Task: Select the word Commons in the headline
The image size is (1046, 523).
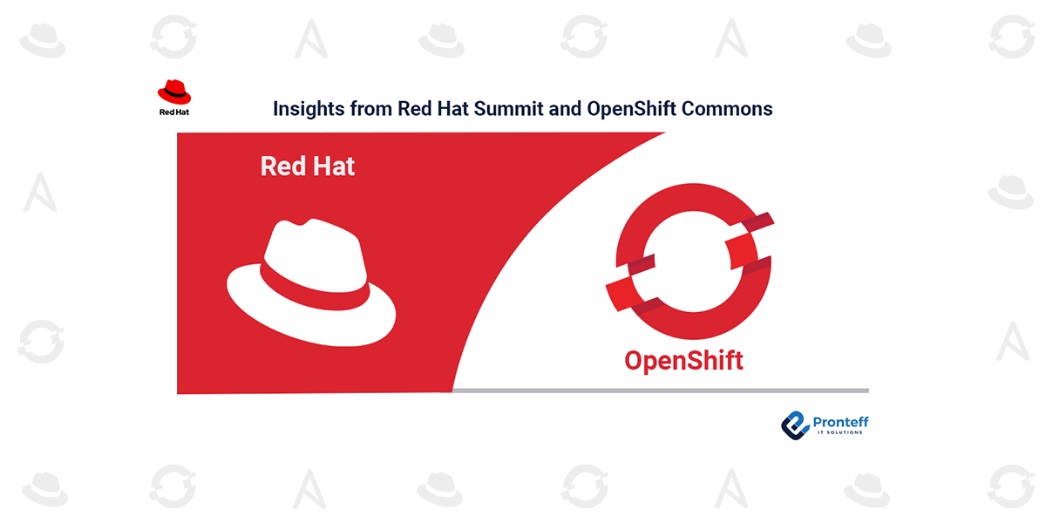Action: (727, 108)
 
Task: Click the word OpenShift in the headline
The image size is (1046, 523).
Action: (631, 109)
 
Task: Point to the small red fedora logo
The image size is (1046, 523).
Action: (174, 92)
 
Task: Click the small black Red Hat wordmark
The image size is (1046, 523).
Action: (174, 112)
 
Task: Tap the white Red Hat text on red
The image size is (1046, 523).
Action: (307, 166)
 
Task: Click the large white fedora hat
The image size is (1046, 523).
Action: (311, 282)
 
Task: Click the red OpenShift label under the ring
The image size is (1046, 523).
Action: (683, 362)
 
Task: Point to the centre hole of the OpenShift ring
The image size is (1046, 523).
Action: (692, 261)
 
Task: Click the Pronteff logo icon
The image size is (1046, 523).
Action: (795, 425)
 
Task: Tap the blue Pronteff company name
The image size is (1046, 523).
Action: (840, 422)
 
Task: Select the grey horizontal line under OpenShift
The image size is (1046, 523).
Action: (661, 391)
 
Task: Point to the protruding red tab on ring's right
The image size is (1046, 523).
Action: (742, 251)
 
